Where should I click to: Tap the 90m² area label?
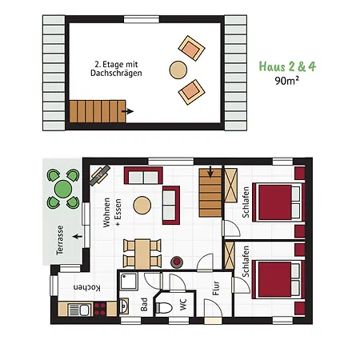(x=288, y=81)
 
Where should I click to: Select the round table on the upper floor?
(x=178, y=70)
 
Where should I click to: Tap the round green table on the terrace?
(x=62, y=190)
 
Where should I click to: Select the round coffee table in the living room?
(x=142, y=205)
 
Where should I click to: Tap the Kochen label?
(x=86, y=287)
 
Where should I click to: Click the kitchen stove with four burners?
(x=101, y=308)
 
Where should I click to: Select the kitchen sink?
(x=78, y=308)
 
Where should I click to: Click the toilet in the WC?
(x=166, y=307)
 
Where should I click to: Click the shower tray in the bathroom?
(x=130, y=281)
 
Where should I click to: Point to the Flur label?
(x=216, y=286)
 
